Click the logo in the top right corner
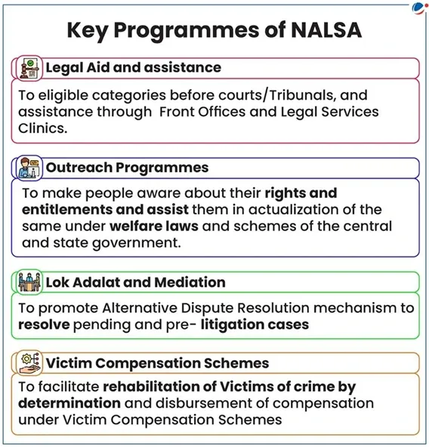pyautogui.click(x=419, y=7)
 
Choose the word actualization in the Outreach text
pyautogui.click(x=284, y=209)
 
